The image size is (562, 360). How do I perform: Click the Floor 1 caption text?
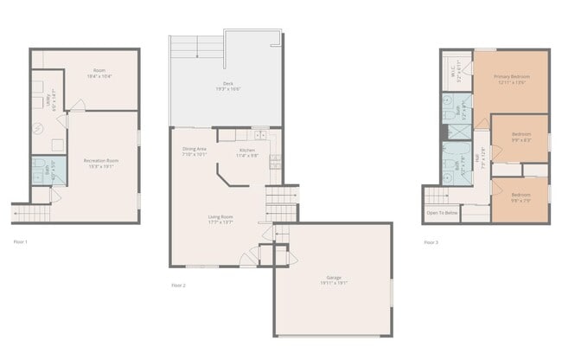coord(21,241)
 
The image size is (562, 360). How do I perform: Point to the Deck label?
coord(228,87)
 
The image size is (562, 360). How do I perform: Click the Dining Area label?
coord(195,151)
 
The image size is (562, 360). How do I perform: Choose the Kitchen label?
coord(247,151)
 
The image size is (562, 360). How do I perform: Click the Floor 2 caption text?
coord(178,285)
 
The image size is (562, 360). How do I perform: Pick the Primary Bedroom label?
coord(512,79)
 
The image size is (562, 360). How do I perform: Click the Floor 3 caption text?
coord(431,242)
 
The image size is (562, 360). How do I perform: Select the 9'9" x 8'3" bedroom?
coord(520,137)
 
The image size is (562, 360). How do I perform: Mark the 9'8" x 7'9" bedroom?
coord(520,197)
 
